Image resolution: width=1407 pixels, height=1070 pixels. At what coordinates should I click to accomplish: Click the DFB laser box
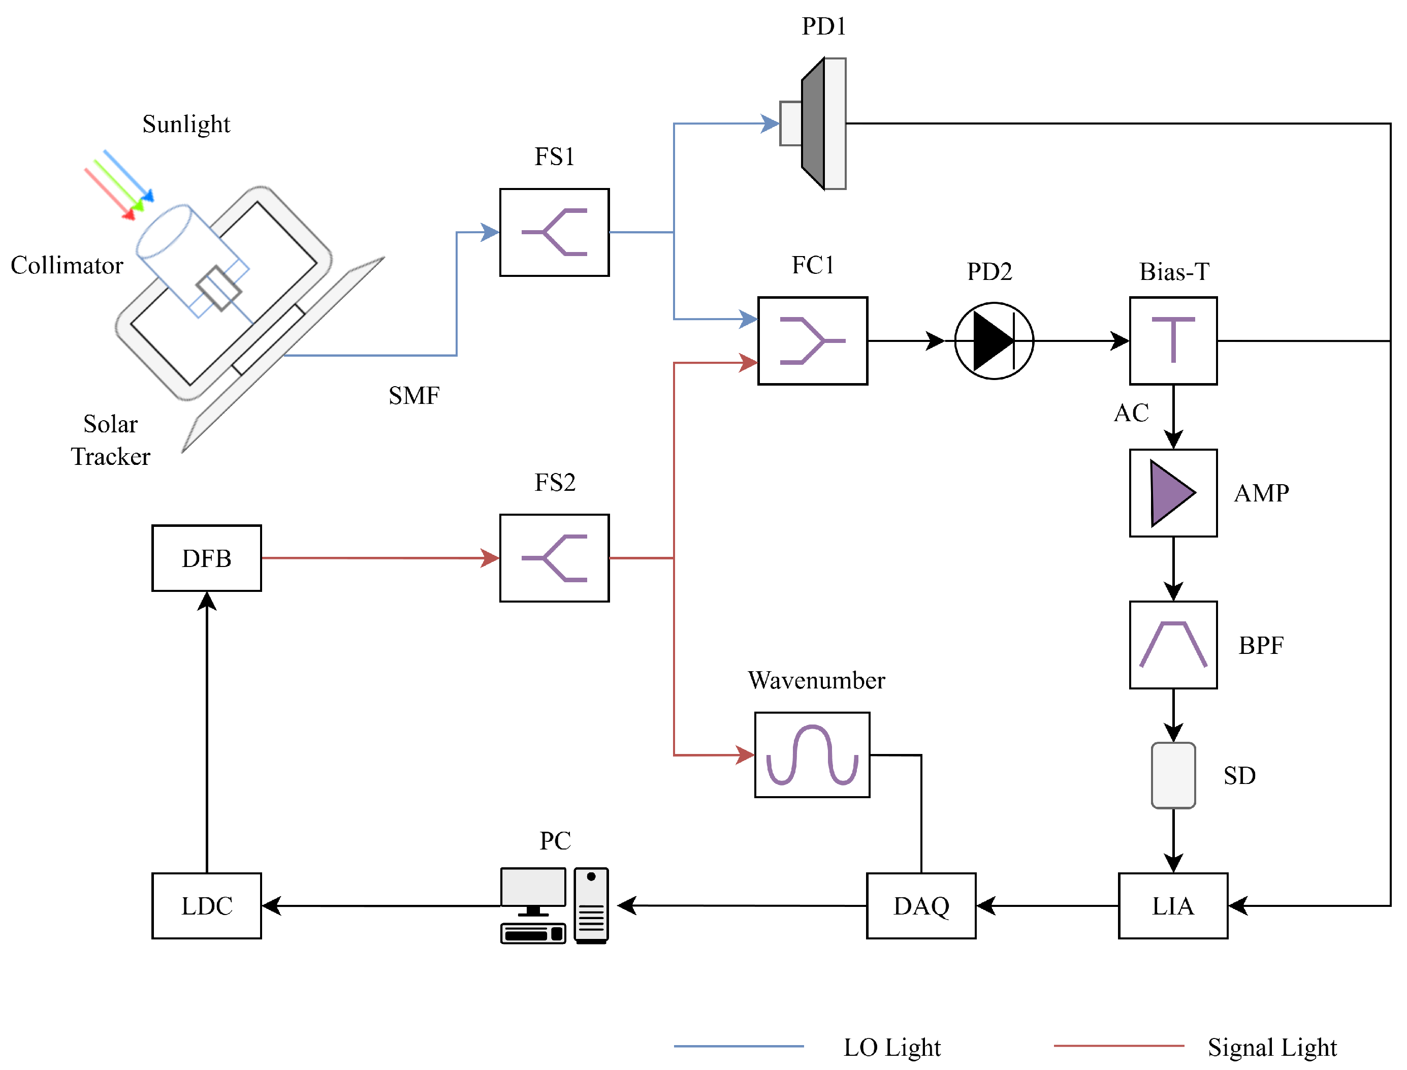click(206, 558)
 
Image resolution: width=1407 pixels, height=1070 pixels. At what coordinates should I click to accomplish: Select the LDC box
click(206, 905)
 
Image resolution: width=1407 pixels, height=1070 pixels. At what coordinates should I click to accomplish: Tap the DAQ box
click(920, 905)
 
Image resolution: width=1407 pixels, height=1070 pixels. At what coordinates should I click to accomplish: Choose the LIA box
click(1173, 905)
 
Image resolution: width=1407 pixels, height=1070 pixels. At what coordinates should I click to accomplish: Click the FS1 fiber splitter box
click(554, 232)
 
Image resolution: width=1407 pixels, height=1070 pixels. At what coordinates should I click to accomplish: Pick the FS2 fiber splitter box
click(554, 558)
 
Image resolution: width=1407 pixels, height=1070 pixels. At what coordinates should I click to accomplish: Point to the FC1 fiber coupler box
click(812, 341)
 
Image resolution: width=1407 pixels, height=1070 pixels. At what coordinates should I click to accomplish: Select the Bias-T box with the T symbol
click(1173, 341)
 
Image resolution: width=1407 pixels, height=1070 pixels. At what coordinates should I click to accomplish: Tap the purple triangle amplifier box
click(1173, 493)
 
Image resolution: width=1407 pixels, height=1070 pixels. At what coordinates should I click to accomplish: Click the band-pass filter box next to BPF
click(1173, 645)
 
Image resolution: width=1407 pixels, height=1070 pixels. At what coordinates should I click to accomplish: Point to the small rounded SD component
click(1173, 775)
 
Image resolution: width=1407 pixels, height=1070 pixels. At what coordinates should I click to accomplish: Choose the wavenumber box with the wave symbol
click(812, 754)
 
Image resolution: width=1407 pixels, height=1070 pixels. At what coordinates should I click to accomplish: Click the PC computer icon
click(554, 905)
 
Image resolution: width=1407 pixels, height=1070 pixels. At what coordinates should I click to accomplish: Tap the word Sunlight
click(186, 123)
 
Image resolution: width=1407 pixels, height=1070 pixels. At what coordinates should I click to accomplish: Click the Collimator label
click(67, 265)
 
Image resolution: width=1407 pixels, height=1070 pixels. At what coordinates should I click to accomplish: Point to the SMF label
click(414, 395)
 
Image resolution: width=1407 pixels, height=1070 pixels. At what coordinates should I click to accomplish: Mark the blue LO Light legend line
click(739, 1046)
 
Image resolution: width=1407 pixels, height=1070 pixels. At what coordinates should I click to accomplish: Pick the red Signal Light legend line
click(1118, 1046)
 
